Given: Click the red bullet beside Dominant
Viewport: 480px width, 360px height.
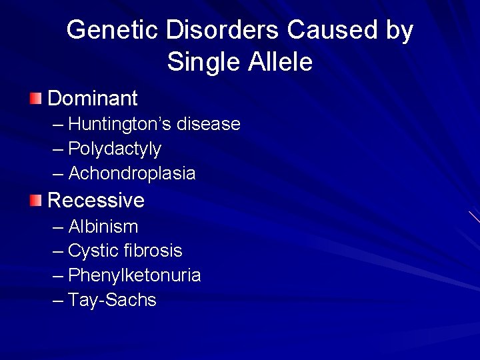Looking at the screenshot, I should click(35, 99).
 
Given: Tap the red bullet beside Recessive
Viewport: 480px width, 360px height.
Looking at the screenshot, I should click(35, 200).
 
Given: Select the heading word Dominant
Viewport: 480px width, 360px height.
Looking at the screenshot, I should click(93, 99).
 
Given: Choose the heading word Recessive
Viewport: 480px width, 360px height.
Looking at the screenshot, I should click(96, 200).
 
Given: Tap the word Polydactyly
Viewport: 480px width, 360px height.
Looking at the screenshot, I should click(115, 149).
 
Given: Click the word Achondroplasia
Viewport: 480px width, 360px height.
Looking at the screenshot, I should click(132, 173).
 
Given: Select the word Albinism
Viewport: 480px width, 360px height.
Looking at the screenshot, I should click(103, 227).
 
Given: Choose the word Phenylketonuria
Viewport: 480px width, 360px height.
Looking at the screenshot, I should click(135, 275).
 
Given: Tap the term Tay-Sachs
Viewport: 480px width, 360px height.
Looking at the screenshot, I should click(112, 301).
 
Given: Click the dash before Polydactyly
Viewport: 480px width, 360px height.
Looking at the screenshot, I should click(58, 149).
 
